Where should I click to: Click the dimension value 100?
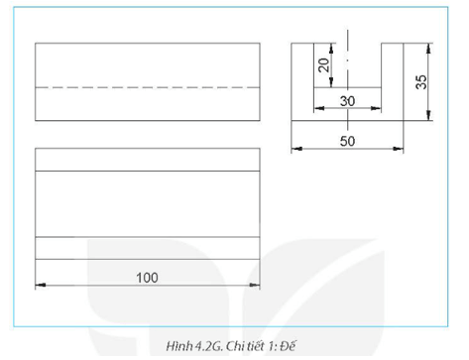click(147, 277)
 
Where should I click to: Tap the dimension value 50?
click(347, 142)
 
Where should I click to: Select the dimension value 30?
click(347, 100)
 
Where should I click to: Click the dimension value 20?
click(323, 65)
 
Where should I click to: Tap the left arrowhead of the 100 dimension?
click(39, 287)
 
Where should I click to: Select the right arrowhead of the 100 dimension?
click(256, 287)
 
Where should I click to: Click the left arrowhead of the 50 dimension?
click(295, 151)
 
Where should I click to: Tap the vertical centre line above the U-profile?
click(347, 35)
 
